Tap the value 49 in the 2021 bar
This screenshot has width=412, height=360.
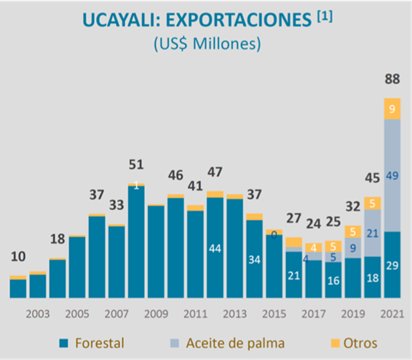[x=393, y=176]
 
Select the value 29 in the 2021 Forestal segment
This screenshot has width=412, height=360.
[x=393, y=266]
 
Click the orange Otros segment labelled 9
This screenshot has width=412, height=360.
[x=393, y=108]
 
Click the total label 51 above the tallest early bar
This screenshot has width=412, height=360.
[x=137, y=165]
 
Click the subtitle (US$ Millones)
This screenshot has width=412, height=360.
[x=206, y=44]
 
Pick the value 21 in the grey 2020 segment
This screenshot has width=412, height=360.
[x=372, y=233]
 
